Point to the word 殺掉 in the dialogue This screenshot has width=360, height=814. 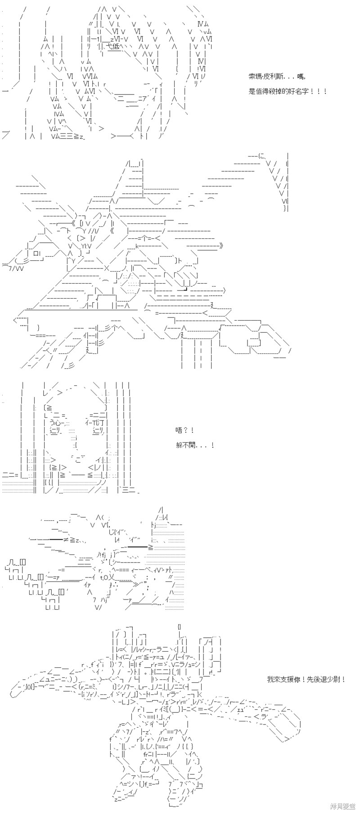pos(276,91)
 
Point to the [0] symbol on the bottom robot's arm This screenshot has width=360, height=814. pos(29,687)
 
